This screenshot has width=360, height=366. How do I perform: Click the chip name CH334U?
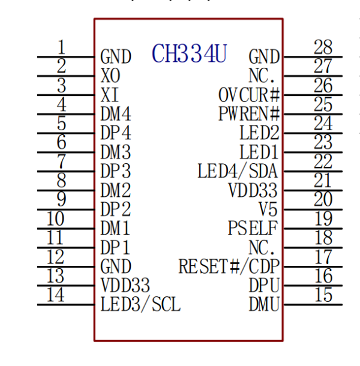pos(189,54)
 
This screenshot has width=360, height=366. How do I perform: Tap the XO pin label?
pos(110,76)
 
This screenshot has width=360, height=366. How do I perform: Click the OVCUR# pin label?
pos(249,95)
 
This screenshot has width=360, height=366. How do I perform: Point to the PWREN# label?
pos(249,114)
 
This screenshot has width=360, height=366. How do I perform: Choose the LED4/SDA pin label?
pos(238,171)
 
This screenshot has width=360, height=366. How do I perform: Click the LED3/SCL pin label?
pos(140,304)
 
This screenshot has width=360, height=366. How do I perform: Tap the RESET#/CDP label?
pos(229,266)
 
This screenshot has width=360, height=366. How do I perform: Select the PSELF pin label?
pos(254,228)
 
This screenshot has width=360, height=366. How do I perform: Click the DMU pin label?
pos(264,304)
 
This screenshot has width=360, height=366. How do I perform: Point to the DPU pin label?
pos(264,285)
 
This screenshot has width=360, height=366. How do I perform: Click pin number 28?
pos(323,47)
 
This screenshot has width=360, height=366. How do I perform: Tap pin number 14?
pos(56,295)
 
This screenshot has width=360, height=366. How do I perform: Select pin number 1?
pos(61,47)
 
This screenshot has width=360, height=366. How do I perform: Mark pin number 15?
pos(323,295)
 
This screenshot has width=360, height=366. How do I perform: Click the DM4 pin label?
pos(116,114)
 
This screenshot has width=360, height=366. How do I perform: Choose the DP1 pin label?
pos(116,247)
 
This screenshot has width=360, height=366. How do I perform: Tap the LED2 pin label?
pos(259,133)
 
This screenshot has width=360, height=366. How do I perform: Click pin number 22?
pos(323,161)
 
